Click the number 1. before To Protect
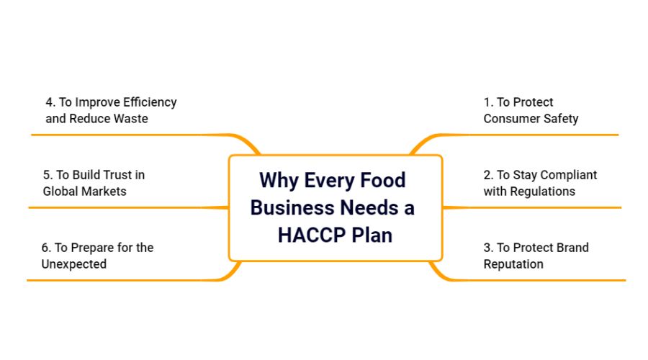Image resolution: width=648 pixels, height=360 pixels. pyautogui.click(x=488, y=102)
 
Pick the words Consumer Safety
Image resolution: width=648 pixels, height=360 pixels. pyautogui.click(x=531, y=119)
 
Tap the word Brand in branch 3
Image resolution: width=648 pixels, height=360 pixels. pyautogui.click(x=571, y=248)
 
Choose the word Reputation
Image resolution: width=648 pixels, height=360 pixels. pyautogui.click(x=513, y=264)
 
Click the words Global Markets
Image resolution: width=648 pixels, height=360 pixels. pyautogui.click(x=84, y=192)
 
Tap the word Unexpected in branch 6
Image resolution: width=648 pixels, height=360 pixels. pyautogui.click(x=74, y=264)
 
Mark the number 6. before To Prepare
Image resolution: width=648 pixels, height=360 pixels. pyautogui.click(x=46, y=248)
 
